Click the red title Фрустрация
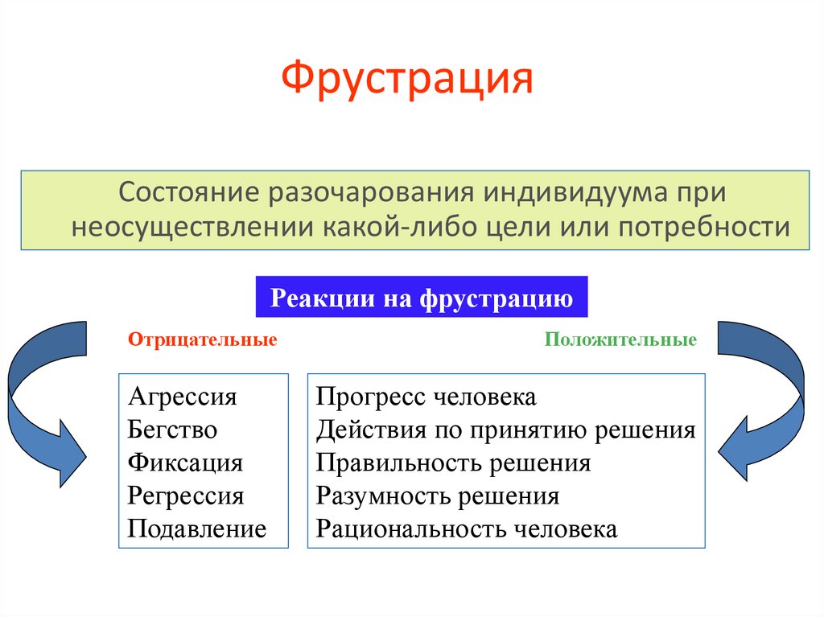[407, 79]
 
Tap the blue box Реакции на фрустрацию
[422, 297]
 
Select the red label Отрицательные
[202, 339]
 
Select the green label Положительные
[620, 339]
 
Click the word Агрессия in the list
[183, 397]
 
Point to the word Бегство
[172, 430]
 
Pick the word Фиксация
[185, 463]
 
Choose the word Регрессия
[186, 496]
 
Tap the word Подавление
[197, 529]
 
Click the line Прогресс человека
[426, 397]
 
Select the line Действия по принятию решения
[505, 430]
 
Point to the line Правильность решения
[453, 463]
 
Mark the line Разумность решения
[437, 496]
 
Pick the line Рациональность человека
[466, 529]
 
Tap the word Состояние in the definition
[189, 192]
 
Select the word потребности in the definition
[704, 228]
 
